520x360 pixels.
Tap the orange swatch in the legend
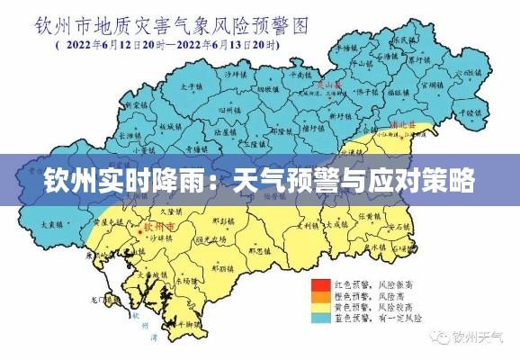320,295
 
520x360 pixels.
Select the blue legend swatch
320,318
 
